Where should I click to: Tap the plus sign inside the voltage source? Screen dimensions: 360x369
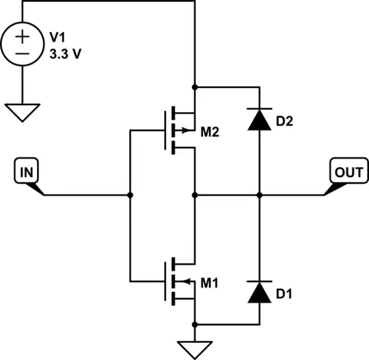(23, 37)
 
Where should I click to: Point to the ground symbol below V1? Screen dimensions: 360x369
(23, 111)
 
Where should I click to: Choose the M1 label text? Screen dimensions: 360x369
(210, 282)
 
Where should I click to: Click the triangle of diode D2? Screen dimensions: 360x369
(260, 120)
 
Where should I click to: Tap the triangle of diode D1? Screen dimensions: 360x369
(260, 292)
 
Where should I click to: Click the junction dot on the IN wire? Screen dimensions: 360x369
(130, 195)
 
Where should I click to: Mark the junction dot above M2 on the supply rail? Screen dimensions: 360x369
(195, 87)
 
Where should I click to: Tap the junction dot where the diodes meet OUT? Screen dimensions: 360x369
(260, 195)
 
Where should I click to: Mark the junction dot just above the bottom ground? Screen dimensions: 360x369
(195, 322)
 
